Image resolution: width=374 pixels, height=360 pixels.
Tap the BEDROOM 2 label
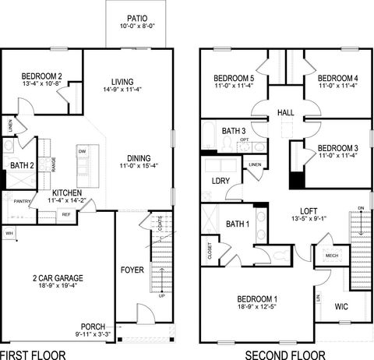point(42,76)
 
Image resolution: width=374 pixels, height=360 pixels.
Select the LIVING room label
point(122,81)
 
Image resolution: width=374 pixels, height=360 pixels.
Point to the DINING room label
point(139,154)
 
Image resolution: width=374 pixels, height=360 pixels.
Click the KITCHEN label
point(68,192)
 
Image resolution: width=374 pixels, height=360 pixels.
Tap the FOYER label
point(132,270)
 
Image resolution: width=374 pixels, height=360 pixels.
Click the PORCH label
point(93,326)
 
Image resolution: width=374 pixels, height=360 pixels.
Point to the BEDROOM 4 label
point(337,79)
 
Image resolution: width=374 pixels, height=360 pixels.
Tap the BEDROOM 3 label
point(337,147)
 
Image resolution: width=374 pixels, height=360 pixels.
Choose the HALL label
point(285,114)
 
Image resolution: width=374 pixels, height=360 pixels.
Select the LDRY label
point(220,182)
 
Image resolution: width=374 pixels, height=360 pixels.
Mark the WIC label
point(340,306)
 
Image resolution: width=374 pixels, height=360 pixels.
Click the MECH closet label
point(331,255)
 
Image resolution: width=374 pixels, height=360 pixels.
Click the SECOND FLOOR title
point(280,353)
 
